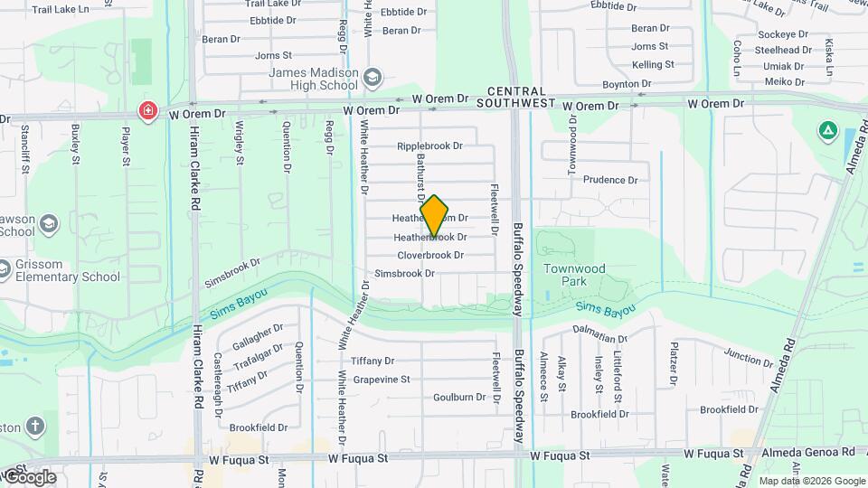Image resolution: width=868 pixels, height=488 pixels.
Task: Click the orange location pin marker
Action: click(x=434, y=215)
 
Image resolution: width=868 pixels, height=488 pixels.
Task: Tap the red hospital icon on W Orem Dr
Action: click(x=146, y=110)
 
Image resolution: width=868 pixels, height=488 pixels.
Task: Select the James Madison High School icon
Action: click(x=372, y=79)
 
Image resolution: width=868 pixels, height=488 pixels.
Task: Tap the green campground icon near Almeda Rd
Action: click(x=826, y=131)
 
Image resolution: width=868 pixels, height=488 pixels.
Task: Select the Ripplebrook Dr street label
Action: click(x=429, y=145)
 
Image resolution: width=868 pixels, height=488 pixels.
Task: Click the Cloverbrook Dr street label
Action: click(x=430, y=255)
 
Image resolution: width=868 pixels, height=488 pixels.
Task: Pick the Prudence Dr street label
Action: click(x=610, y=180)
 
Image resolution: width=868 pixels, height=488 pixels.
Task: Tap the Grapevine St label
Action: click(x=381, y=379)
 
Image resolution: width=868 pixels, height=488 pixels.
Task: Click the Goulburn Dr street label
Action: click(x=459, y=397)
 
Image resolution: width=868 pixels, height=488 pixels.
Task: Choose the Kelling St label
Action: click(x=653, y=64)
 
